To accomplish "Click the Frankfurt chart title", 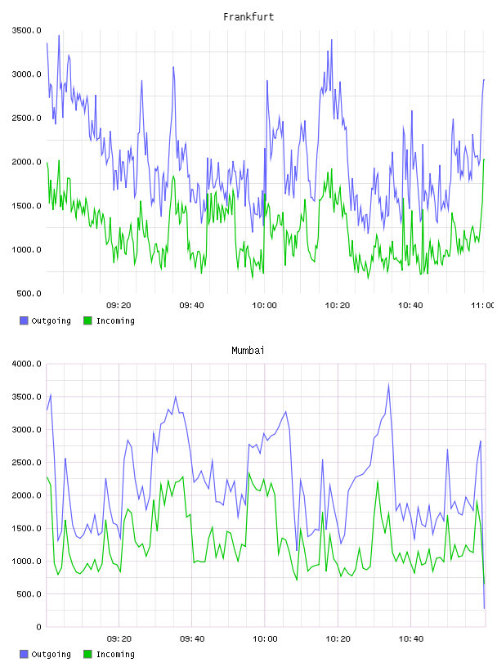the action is [x=248, y=17].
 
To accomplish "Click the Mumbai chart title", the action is [x=248, y=351].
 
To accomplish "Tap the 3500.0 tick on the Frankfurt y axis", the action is [x=26, y=30].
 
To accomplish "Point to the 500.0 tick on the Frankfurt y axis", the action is [x=29, y=293].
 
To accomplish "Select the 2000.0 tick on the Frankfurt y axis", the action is [x=26, y=162].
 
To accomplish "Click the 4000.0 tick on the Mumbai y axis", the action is [x=26, y=364].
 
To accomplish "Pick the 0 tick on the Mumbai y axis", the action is [x=38, y=627].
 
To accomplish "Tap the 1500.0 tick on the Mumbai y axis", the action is [x=26, y=528].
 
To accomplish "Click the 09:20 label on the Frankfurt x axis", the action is [x=119, y=306].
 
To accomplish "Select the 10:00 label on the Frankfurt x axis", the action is [x=264, y=306].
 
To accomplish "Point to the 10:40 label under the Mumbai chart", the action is [x=411, y=639].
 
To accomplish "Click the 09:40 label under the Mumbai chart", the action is [x=192, y=639].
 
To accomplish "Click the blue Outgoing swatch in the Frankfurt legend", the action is [x=24, y=320].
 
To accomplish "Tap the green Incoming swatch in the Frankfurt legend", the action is [x=87, y=320].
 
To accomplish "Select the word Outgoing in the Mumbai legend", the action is [x=51, y=654].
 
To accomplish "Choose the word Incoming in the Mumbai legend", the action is [x=115, y=654].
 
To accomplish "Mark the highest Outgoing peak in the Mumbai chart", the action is [x=388, y=384].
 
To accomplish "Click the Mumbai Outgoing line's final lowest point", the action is [x=484, y=608].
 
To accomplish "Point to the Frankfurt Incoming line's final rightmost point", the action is [x=484, y=159].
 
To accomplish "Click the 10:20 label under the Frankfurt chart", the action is [x=338, y=306].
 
